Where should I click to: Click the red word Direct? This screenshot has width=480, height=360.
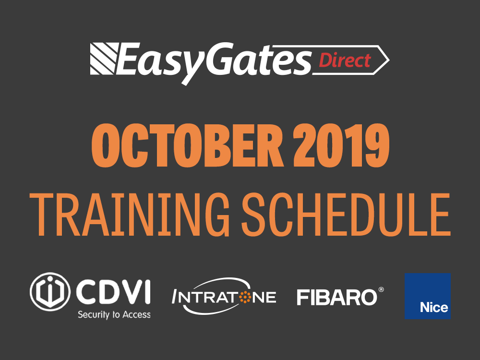345,60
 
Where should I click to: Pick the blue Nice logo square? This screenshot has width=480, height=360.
428,296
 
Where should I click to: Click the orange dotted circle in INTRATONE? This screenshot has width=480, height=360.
245,298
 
